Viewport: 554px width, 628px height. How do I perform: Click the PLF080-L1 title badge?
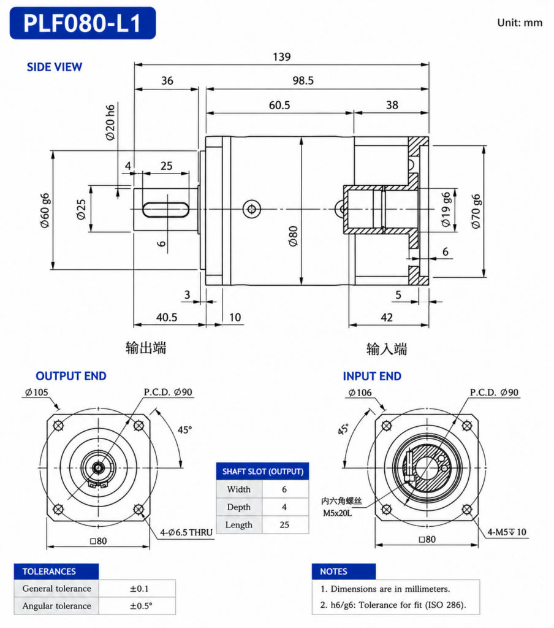coord(83,23)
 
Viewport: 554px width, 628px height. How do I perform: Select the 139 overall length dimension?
coord(282,57)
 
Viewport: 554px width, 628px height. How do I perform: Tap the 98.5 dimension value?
coord(303,80)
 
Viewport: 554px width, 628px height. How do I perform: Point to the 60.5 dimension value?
coord(279,105)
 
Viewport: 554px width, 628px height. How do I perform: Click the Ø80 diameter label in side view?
coord(294,236)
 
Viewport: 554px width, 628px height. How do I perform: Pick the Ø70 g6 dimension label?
coord(476,212)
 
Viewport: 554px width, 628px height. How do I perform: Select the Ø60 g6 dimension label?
coord(45,211)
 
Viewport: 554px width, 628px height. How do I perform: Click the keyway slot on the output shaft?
coord(165,210)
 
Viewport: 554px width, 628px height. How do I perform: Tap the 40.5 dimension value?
coord(167,318)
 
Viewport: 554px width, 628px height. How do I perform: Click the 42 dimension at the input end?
coord(387,318)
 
